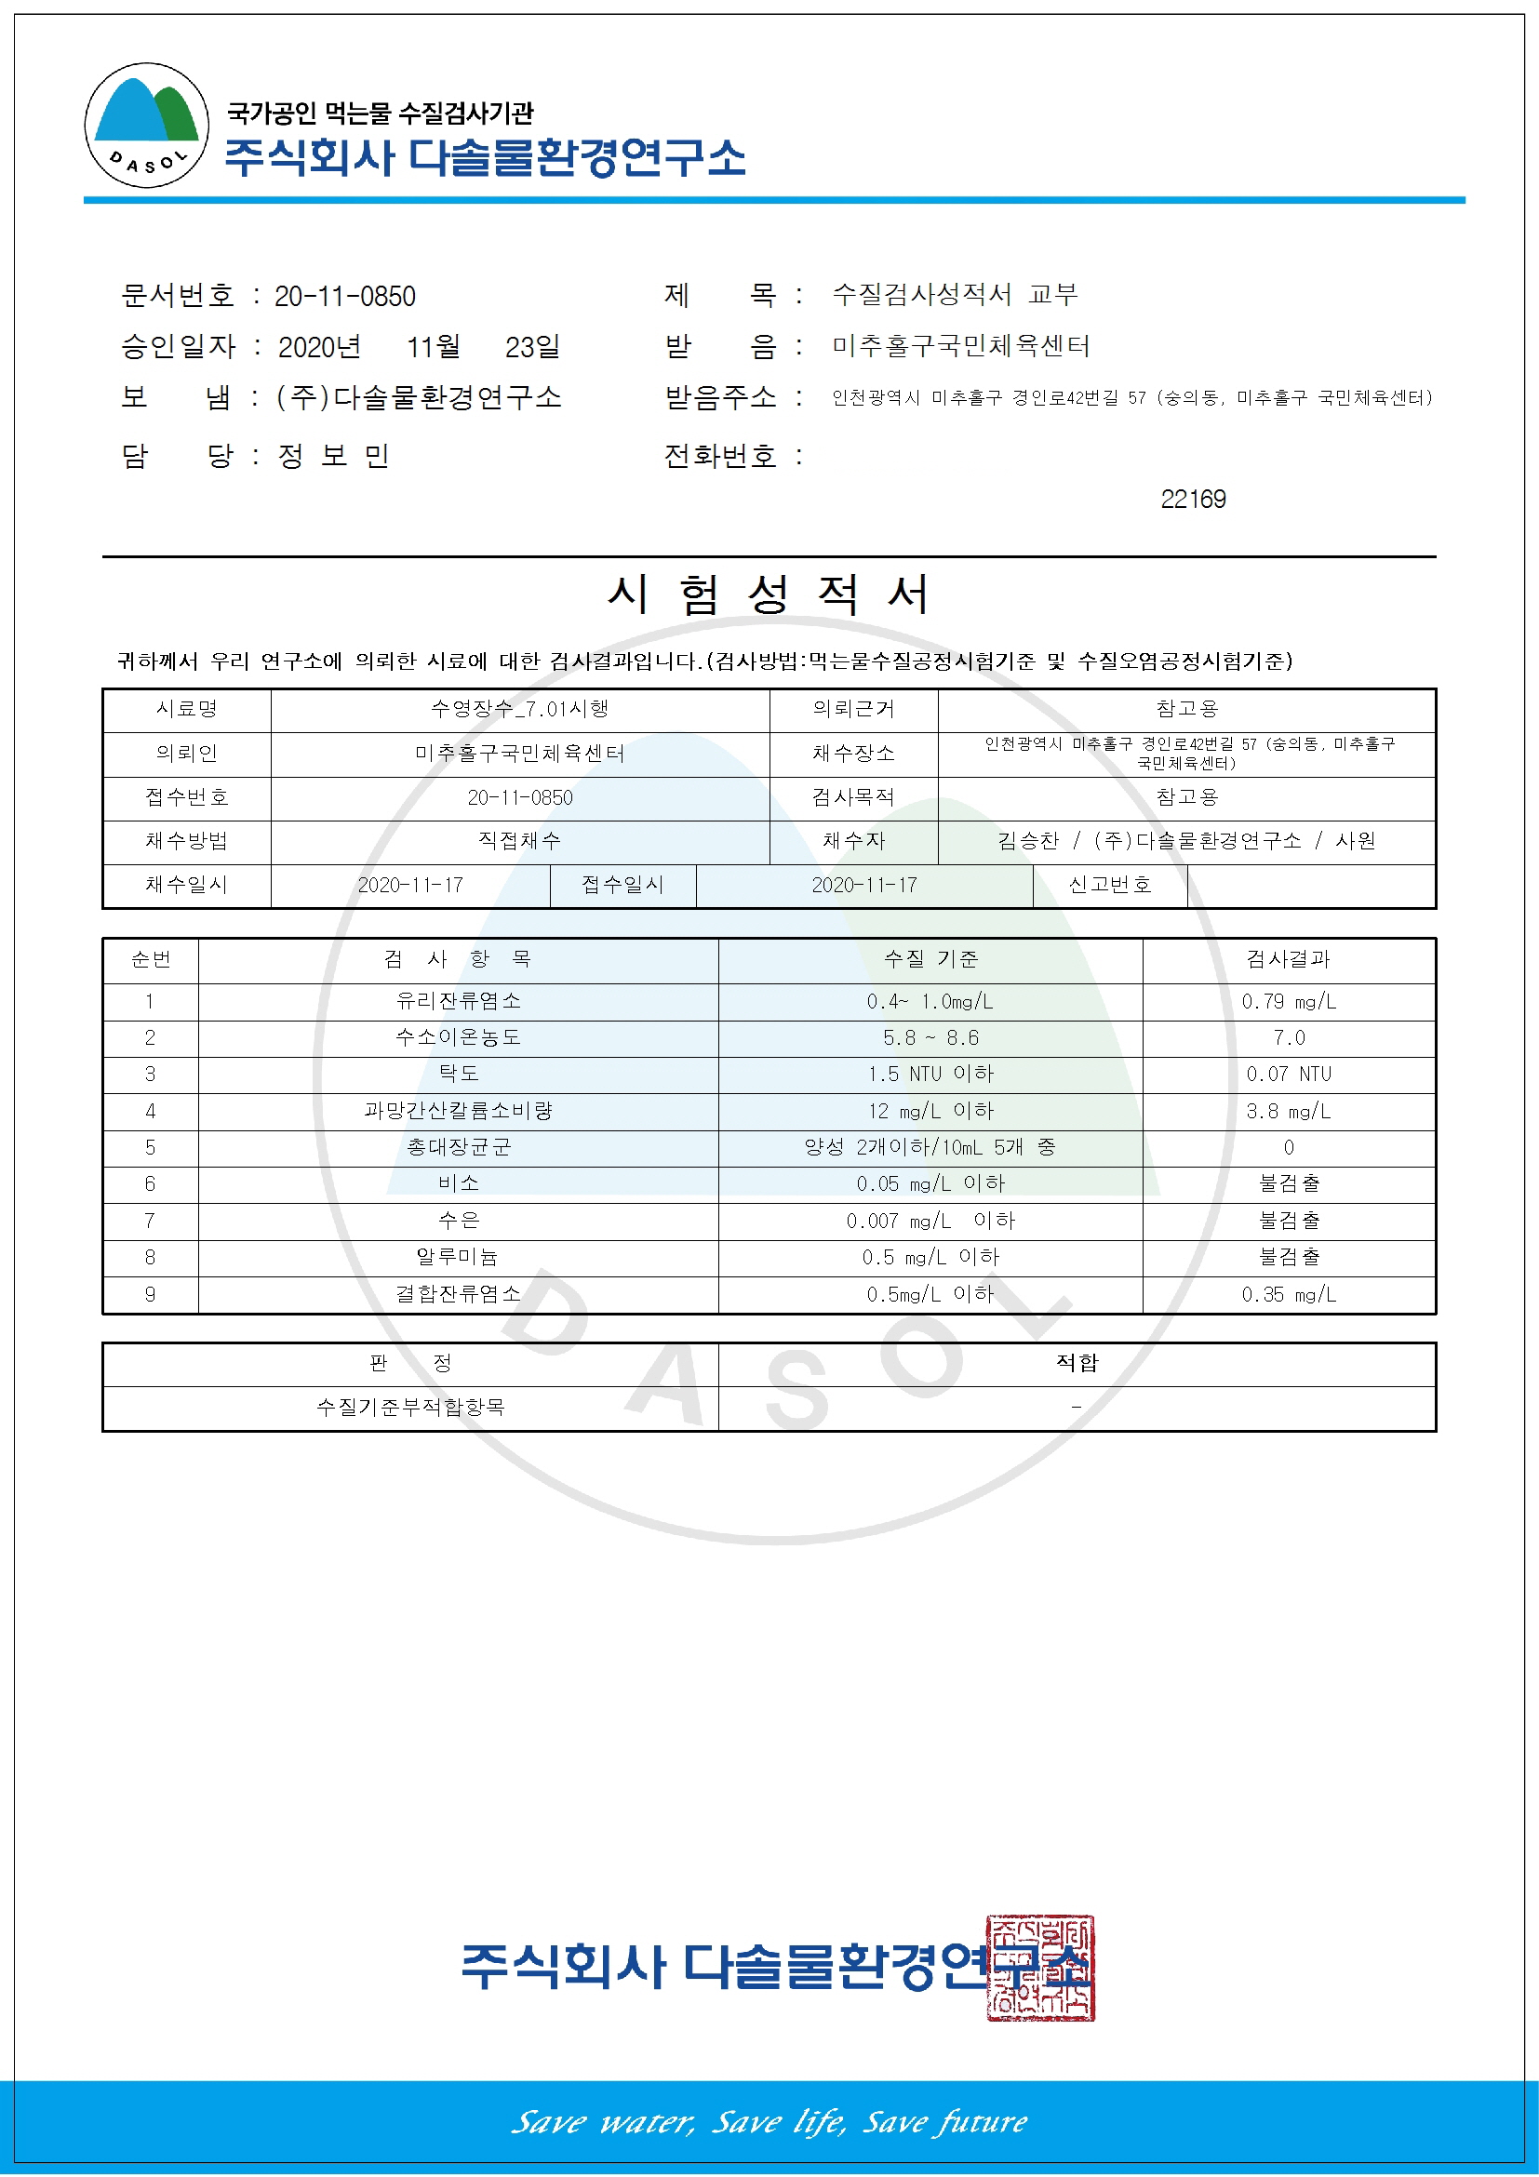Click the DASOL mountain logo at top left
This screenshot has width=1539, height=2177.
point(147,126)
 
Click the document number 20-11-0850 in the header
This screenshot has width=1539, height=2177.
point(344,297)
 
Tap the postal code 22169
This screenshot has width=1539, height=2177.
point(1192,499)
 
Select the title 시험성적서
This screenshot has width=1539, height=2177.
point(768,595)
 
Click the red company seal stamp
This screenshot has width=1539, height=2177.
point(1039,1967)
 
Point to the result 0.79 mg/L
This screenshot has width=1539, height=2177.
point(1288,1001)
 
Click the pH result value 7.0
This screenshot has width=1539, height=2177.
point(1288,1038)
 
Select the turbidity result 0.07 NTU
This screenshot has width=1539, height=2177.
point(1288,1075)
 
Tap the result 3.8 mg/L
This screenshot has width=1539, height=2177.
point(1288,1111)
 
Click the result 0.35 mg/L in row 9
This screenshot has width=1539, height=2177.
point(1288,1294)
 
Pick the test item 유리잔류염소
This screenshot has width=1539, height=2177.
point(458,1001)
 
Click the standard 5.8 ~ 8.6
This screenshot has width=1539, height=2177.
point(930,1038)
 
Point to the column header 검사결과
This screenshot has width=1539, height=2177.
point(1288,959)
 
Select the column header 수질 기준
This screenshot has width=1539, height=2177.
point(930,959)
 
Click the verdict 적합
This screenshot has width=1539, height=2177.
point(1077,1363)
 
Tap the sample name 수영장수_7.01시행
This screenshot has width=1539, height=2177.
point(519,709)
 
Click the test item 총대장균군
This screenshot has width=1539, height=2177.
point(458,1147)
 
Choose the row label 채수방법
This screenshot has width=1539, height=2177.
point(186,841)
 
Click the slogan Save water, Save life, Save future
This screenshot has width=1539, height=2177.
point(769,2120)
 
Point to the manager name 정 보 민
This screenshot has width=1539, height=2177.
point(334,456)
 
